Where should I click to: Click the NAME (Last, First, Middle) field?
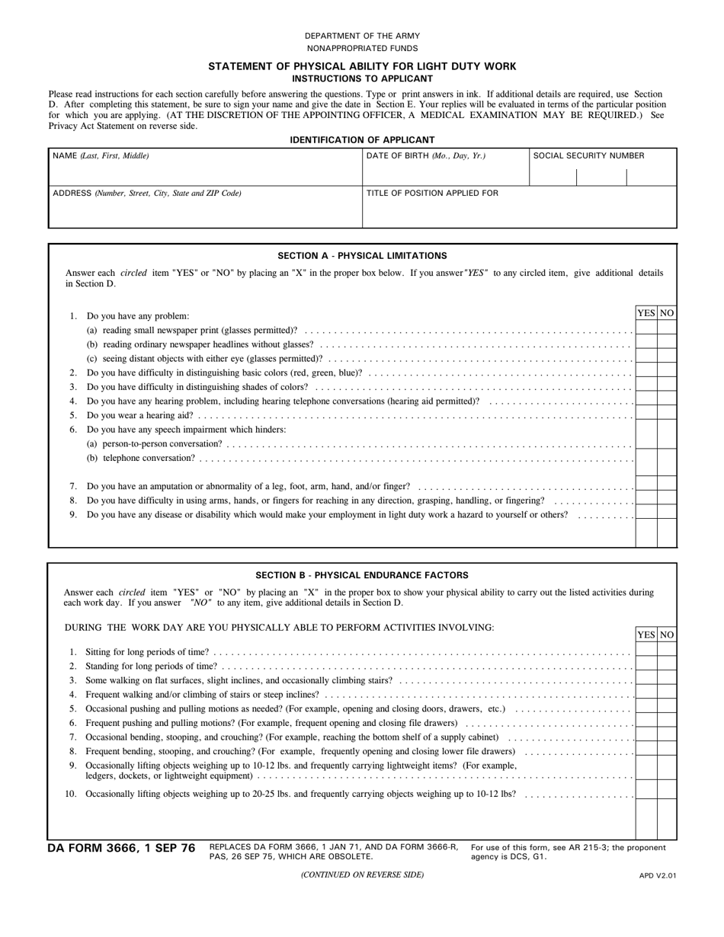click(x=205, y=168)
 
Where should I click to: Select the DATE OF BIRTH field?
click(x=445, y=168)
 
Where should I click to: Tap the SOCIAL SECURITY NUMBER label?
click(x=588, y=155)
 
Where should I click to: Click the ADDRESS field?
click(x=205, y=208)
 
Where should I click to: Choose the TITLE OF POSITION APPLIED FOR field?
click(x=519, y=208)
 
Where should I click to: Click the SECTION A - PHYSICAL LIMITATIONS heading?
click(x=362, y=256)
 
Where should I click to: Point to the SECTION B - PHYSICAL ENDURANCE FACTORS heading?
click(x=362, y=575)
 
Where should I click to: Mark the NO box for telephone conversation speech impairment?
click(x=667, y=459)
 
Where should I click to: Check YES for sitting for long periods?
click(x=646, y=652)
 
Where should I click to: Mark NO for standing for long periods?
click(x=667, y=666)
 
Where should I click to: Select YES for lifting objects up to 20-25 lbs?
click(x=646, y=794)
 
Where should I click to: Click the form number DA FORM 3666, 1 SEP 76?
click(x=121, y=849)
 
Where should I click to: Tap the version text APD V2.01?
click(x=658, y=875)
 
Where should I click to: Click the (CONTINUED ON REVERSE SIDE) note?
click(x=362, y=875)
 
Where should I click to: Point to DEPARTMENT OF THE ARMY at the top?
click(x=362, y=36)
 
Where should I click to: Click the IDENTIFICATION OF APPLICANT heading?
click(x=362, y=139)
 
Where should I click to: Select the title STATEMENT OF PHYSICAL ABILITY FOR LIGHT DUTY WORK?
click(x=362, y=66)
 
